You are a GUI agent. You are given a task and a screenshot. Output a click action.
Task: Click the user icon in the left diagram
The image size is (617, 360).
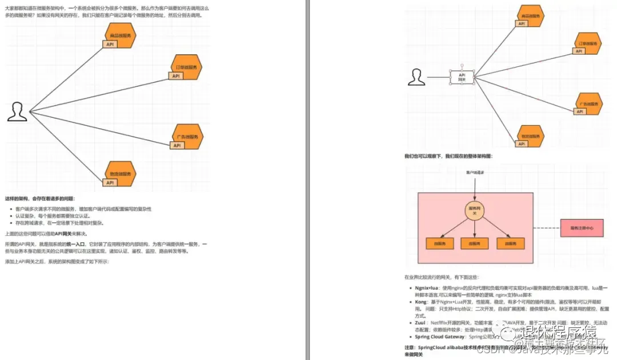click(x=17, y=112)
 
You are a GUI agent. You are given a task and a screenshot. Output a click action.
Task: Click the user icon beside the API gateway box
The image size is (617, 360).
click(x=418, y=77)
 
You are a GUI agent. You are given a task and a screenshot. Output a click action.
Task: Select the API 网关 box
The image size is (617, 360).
click(x=462, y=78)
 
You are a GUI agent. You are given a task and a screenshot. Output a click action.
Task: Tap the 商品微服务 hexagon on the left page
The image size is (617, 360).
click(x=121, y=36)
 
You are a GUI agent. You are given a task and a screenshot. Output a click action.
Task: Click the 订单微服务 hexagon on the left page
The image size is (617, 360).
click(x=187, y=66)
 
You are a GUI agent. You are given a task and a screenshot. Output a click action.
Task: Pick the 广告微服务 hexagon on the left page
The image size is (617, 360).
click(x=189, y=137)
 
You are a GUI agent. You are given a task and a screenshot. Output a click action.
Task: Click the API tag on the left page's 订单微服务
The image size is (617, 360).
click(x=176, y=75)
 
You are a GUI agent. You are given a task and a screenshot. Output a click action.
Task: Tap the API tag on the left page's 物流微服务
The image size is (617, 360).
click(x=110, y=182)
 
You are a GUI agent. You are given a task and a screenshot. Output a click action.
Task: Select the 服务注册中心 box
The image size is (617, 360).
click(x=581, y=227)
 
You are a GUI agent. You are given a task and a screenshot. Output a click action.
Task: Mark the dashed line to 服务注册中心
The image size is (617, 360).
click(x=547, y=227)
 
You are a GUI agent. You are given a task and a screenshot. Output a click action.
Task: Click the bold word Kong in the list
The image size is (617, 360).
click(x=421, y=302)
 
